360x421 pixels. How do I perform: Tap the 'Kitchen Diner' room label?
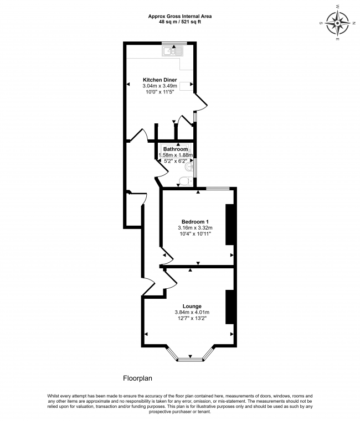click(160, 80)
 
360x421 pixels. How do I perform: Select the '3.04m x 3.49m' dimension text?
click(160, 86)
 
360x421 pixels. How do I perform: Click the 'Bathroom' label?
click(175, 149)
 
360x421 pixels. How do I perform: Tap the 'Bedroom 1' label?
click(195, 221)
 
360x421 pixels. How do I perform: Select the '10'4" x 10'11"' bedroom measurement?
click(195, 234)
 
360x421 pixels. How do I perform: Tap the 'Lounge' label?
click(192, 306)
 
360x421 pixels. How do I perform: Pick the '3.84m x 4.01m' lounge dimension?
click(192, 313)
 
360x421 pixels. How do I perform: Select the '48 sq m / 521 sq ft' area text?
click(179, 23)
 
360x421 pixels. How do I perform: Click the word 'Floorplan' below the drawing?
click(137, 379)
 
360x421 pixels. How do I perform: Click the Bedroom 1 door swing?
click(164, 256)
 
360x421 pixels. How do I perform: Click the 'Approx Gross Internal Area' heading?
click(179, 17)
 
